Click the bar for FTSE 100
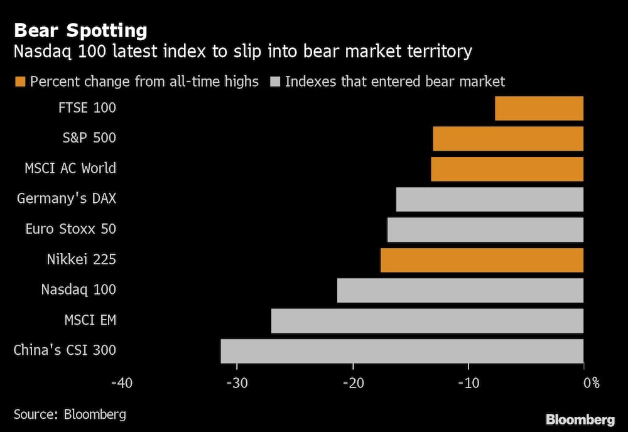[x=539, y=108]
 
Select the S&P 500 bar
[x=508, y=138]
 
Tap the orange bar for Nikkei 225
[x=482, y=259]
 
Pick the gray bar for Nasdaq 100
[x=460, y=290]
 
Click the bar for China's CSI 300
[x=402, y=351]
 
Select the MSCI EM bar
[x=427, y=320]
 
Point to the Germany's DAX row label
[x=67, y=198]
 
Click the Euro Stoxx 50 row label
[x=70, y=229]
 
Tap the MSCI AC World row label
[x=70, y=168]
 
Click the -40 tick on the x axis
[x=121, y=382]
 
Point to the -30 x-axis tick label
[x=237, y=382]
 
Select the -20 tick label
[x=352, y=382]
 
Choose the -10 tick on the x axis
[x=468, y=382]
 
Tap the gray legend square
[x=274, y=82]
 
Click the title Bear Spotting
[x=80, y=30]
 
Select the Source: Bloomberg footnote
[x=70, y=414]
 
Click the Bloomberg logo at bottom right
[x=580, y=419]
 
